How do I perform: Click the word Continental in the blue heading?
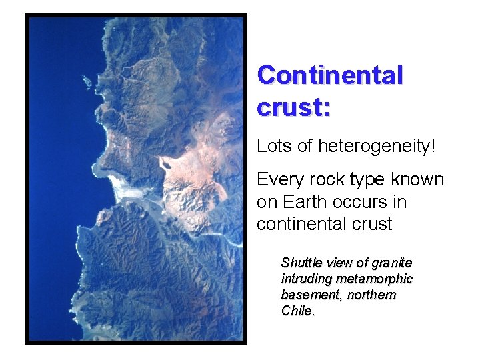coord(330,75)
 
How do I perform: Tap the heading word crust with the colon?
coord(293,107)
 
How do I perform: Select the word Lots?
coord(274,145)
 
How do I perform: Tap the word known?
coord(417,180)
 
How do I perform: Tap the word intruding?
coord(305,279)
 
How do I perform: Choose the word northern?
coord(372,295)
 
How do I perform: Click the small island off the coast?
coord(87,81)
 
